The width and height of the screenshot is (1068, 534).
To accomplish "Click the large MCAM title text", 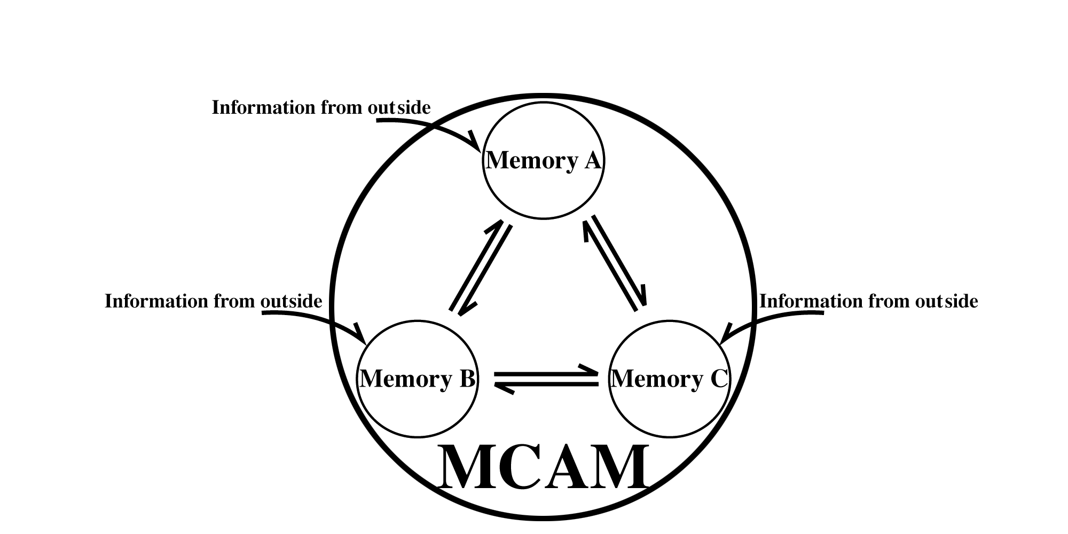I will pos(543,468).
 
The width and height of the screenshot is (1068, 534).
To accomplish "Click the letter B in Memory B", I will pos(466,379).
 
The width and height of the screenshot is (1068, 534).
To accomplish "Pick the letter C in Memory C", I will pos(719,379).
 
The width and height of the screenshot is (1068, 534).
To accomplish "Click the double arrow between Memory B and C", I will pos(546,379).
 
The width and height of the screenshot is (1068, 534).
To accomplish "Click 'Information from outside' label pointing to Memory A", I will pos(321,107).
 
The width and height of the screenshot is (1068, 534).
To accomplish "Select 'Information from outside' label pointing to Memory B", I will pos(213,301).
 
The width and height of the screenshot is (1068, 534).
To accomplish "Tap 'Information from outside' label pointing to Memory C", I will pos(868,301).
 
